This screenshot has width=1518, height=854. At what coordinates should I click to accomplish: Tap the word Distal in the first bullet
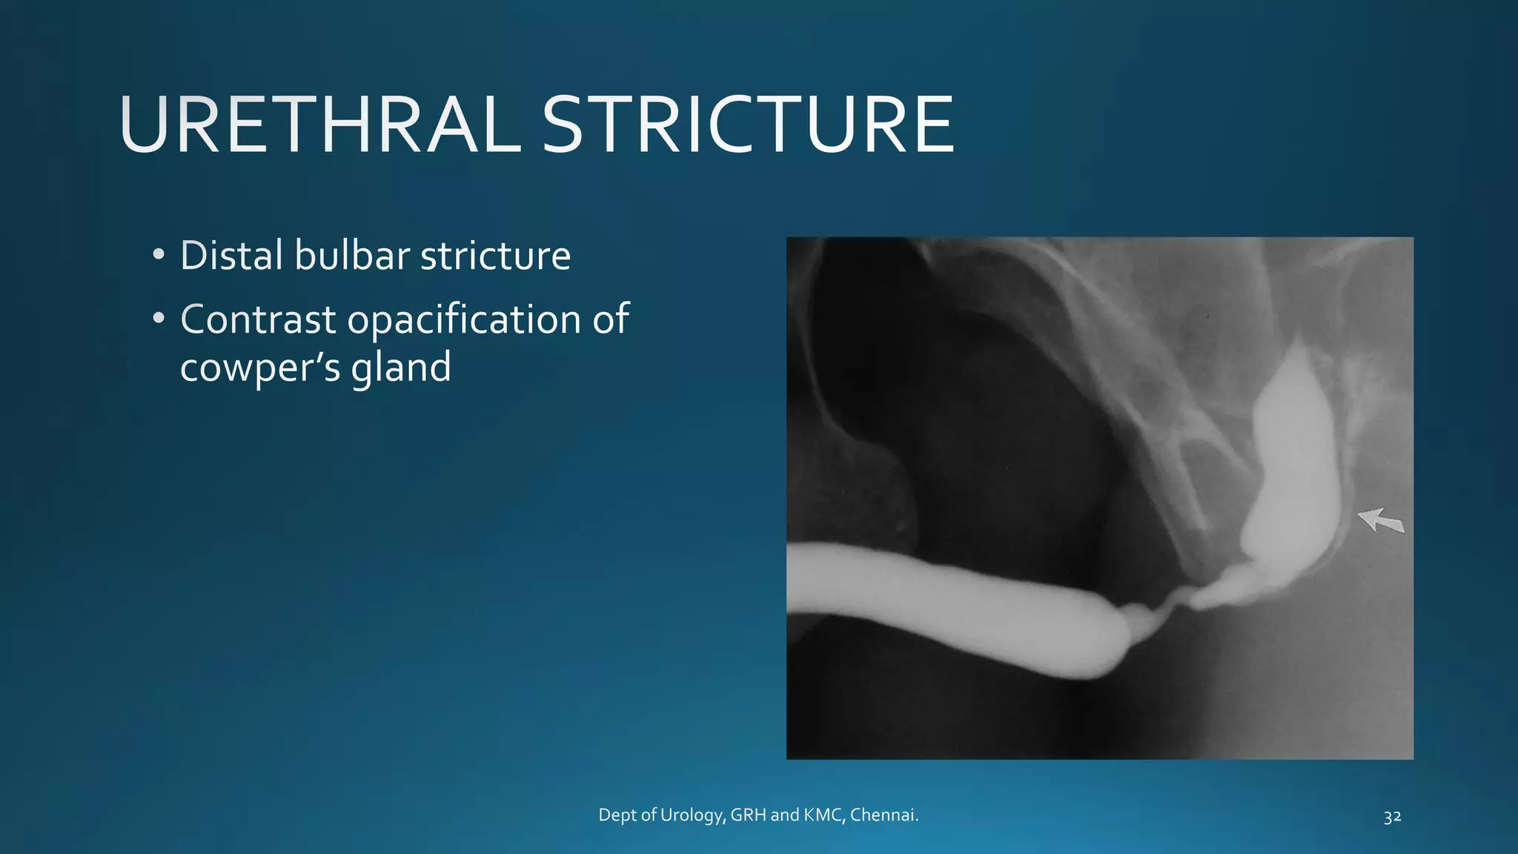click(232, 256)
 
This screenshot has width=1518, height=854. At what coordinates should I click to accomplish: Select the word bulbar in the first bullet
click(352, 256)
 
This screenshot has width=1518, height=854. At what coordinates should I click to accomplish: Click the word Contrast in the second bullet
click(258, 320)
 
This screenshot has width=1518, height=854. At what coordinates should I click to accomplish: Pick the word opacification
click(464, 321)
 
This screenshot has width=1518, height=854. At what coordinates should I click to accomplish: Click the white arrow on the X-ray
click(1380, 520)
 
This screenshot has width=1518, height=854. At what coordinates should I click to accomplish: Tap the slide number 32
click(1392, 817)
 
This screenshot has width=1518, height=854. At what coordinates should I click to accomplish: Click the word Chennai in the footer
click(884, 815)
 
